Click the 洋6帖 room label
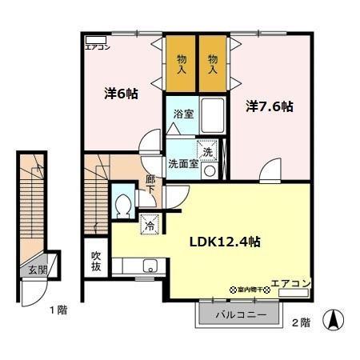click(121, 93)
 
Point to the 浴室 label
click(183, 114)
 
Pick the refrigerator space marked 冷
click(150, 226)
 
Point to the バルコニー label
click(241, 315)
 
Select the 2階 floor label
click(299, 322)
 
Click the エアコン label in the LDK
click(286, 283)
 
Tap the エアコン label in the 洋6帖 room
click(98, 46)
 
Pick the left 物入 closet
click(181, 64)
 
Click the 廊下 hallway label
click(150, 186)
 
